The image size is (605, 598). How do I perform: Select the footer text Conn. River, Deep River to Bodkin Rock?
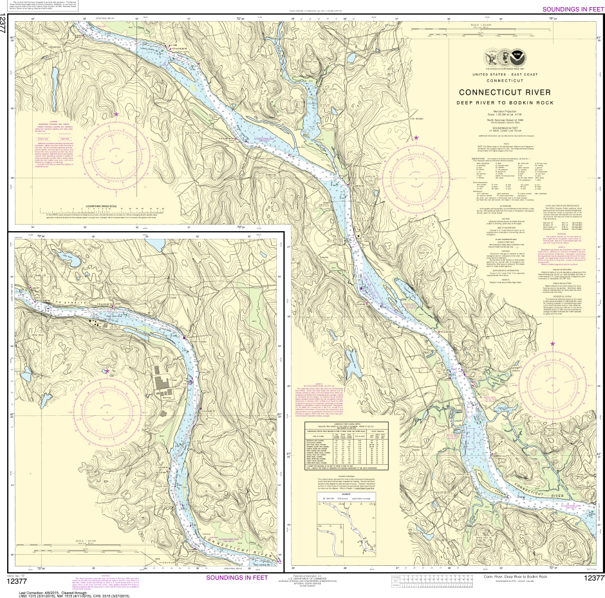pyautogui.click(x=515, y=577)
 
